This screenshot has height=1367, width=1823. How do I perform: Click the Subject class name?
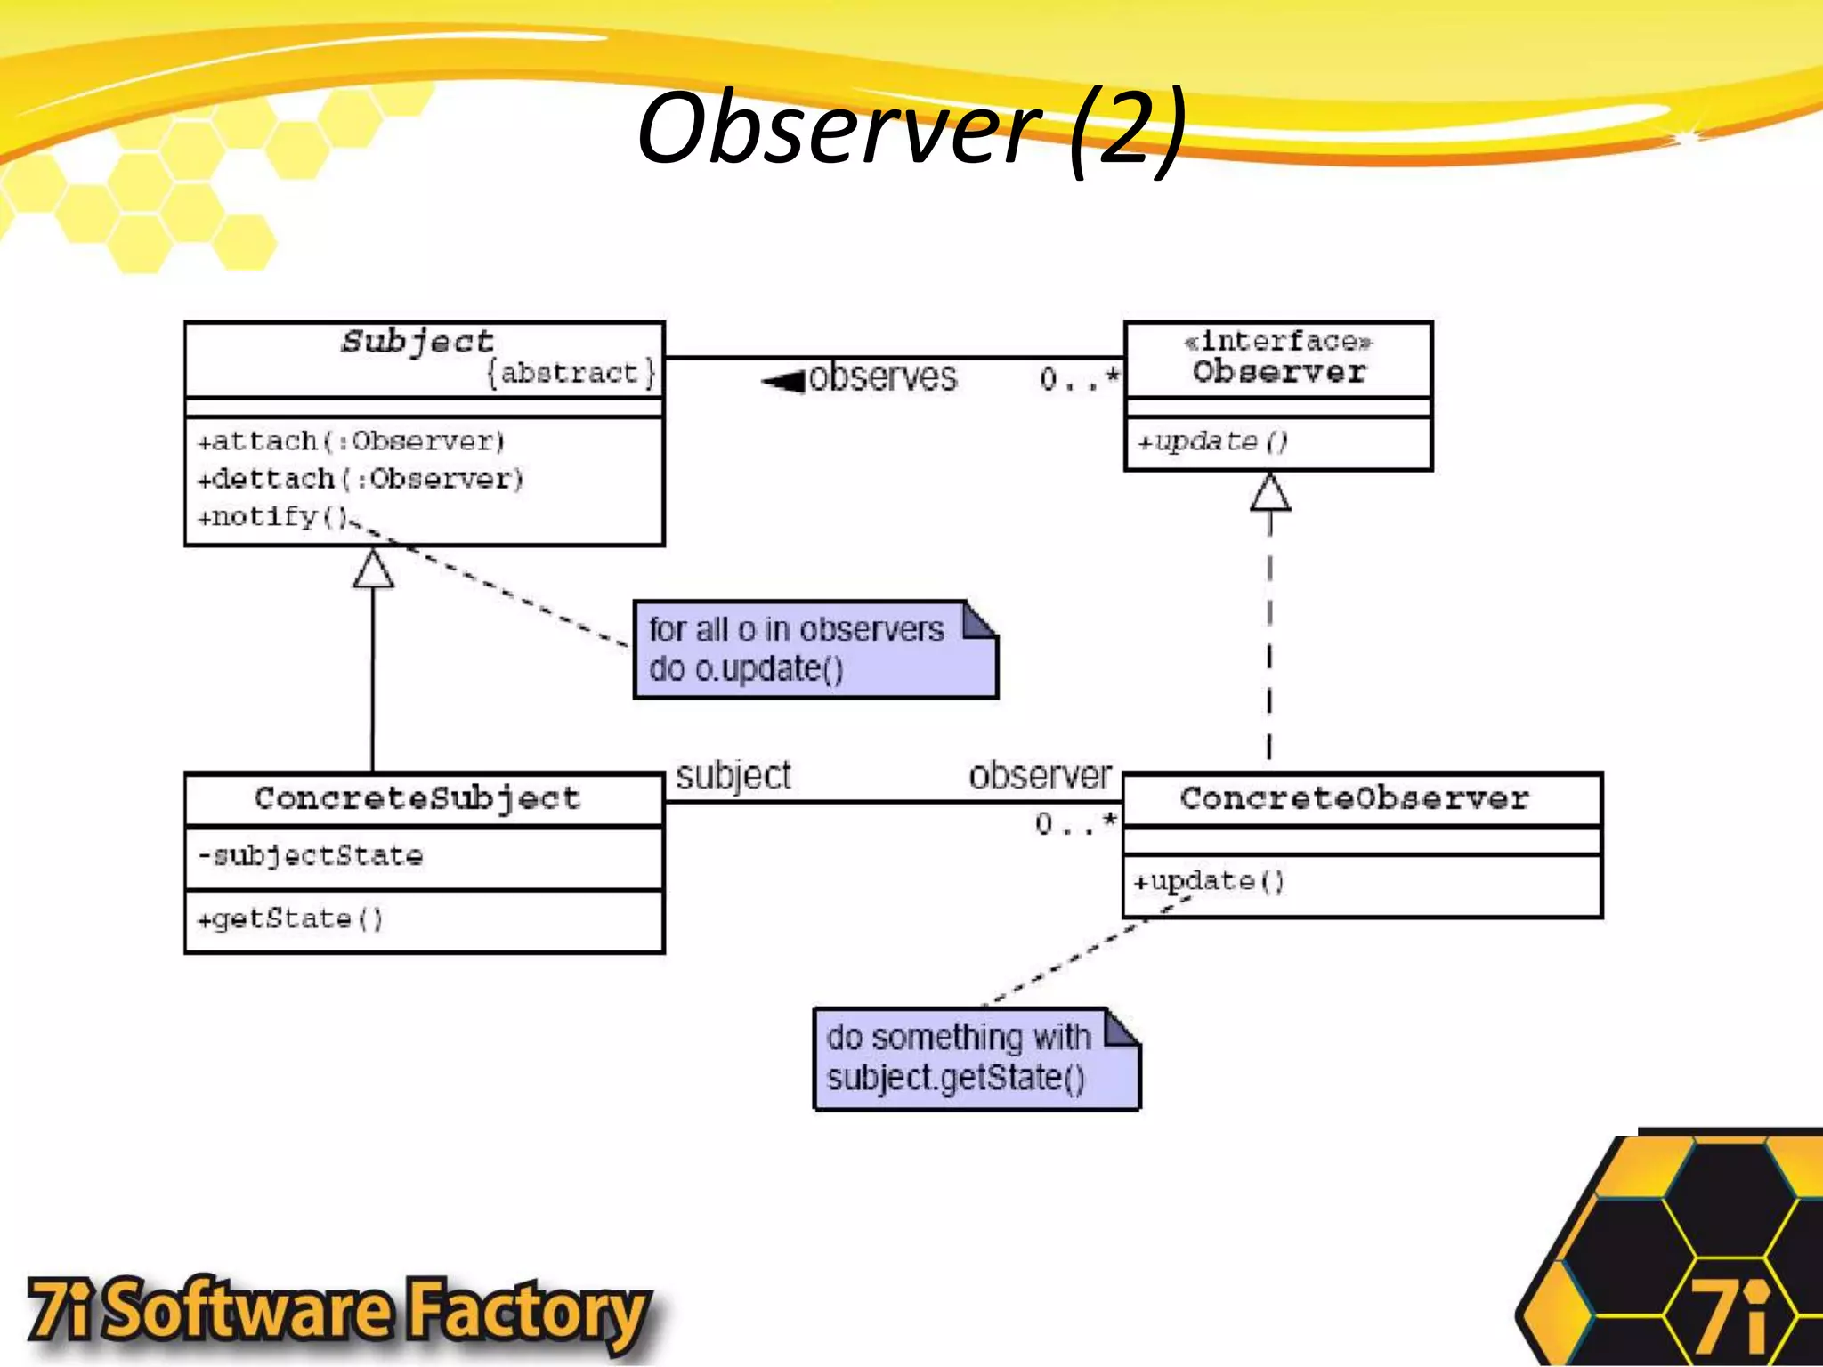click(417, 342)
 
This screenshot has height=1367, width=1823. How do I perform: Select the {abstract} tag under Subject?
click(571, 373)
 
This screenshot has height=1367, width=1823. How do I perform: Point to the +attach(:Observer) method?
click(351, 441)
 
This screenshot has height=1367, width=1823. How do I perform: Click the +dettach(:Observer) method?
click(361, 480)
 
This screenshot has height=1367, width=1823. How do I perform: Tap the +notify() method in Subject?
click(272, 517)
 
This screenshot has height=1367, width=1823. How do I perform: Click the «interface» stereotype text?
click(1278, 342)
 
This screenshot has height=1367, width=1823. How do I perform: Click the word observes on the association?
click(883, 377)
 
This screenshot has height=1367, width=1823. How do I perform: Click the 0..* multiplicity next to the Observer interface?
click(1079, 380)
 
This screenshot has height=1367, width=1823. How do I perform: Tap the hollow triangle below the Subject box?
click(374, 569)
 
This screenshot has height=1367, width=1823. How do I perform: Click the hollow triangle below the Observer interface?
click(1270, 492)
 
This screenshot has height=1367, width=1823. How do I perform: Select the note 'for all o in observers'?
click(814, 650)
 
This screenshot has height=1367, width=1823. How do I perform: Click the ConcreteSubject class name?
click(417, 798)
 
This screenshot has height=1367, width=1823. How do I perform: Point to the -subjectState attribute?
click(310, 856)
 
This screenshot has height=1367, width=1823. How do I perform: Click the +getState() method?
click(290, 919)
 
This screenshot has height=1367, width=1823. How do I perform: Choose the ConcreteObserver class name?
click(1355, 798)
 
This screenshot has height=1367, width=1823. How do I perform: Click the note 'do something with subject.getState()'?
click(976, 1059)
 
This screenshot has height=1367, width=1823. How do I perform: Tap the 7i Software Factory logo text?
click(338, 1310)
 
